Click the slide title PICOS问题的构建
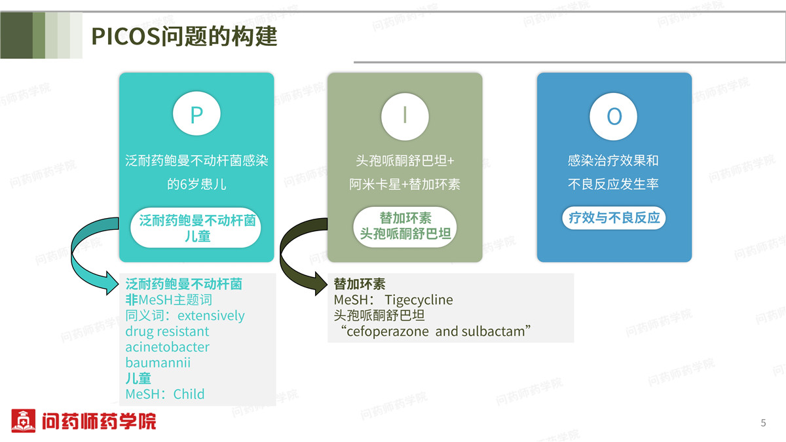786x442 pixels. point(184,36)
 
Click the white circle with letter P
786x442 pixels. point(196,114)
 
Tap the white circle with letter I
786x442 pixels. point(405,116)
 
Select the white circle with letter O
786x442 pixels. point(614,116)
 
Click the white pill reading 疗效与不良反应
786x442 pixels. point(614,218)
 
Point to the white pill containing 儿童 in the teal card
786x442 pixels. point(196,228)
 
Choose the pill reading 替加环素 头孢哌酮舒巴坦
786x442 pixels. point(405,227)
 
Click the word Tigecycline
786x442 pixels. point(419,300)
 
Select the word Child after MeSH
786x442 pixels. point(189,394)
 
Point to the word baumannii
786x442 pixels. point(158,363)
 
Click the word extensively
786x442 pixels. point(211,316)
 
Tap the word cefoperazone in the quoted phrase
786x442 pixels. point(387,331)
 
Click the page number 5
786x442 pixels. point(763,423)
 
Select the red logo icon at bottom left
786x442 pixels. point(23,420)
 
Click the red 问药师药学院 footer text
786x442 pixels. point(99,421)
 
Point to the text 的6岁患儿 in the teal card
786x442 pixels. point(196,184)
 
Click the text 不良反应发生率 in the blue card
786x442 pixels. point(613,184)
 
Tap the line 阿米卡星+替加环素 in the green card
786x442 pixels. point(405,184)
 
